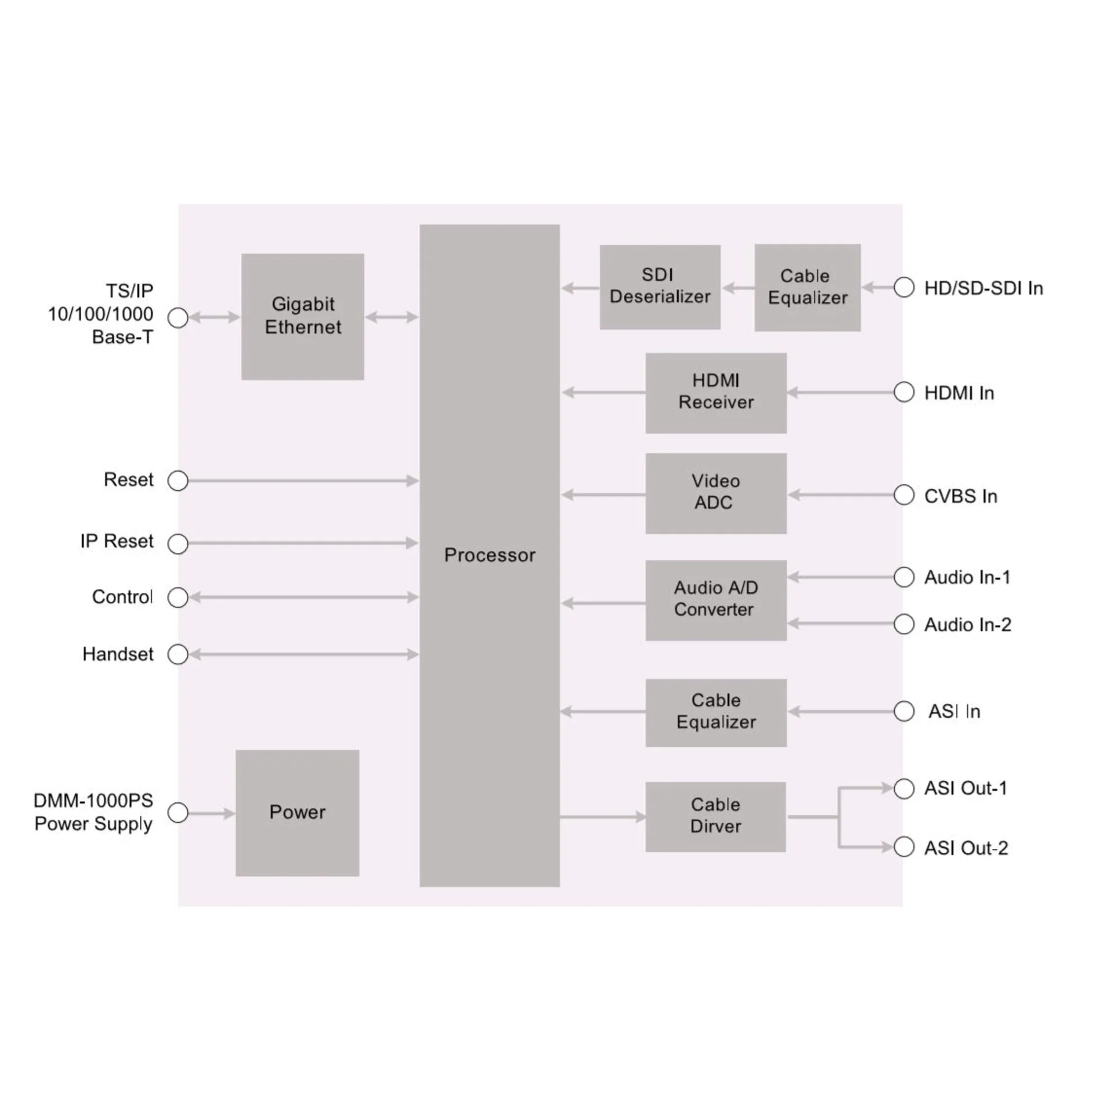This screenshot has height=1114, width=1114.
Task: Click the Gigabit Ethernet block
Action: coord(302,316)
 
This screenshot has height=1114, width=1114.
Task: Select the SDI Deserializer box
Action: coord(660,287)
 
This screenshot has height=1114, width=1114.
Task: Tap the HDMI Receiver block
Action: coord(716,393)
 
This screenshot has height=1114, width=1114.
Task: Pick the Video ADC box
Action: coord(716,493)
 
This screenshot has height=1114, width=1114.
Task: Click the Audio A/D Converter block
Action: coord(716,600)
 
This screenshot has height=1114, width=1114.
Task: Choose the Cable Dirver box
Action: coord(715,817)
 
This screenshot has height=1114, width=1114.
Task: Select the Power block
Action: coord(297,813)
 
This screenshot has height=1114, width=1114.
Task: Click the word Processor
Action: coord(490,555)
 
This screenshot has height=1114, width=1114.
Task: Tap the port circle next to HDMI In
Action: coord(904,392)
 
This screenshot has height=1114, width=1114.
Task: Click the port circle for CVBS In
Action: coord(904,495)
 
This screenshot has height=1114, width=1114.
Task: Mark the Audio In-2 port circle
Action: coord(904,624)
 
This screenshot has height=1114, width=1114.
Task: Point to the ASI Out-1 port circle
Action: coord(904,788)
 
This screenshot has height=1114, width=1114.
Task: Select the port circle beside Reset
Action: coord(178,480)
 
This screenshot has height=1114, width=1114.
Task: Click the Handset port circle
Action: coord(178,654)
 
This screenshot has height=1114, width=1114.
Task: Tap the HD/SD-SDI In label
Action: coord(983,288)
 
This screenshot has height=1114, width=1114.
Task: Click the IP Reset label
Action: coord(117,541)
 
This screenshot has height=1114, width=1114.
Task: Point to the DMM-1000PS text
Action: coord(93,801)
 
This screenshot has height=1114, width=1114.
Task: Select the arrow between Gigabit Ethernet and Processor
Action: coord(392,317)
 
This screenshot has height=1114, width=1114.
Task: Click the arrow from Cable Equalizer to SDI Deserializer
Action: coord(738,287)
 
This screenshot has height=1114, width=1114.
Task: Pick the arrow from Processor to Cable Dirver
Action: coord(603,817)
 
